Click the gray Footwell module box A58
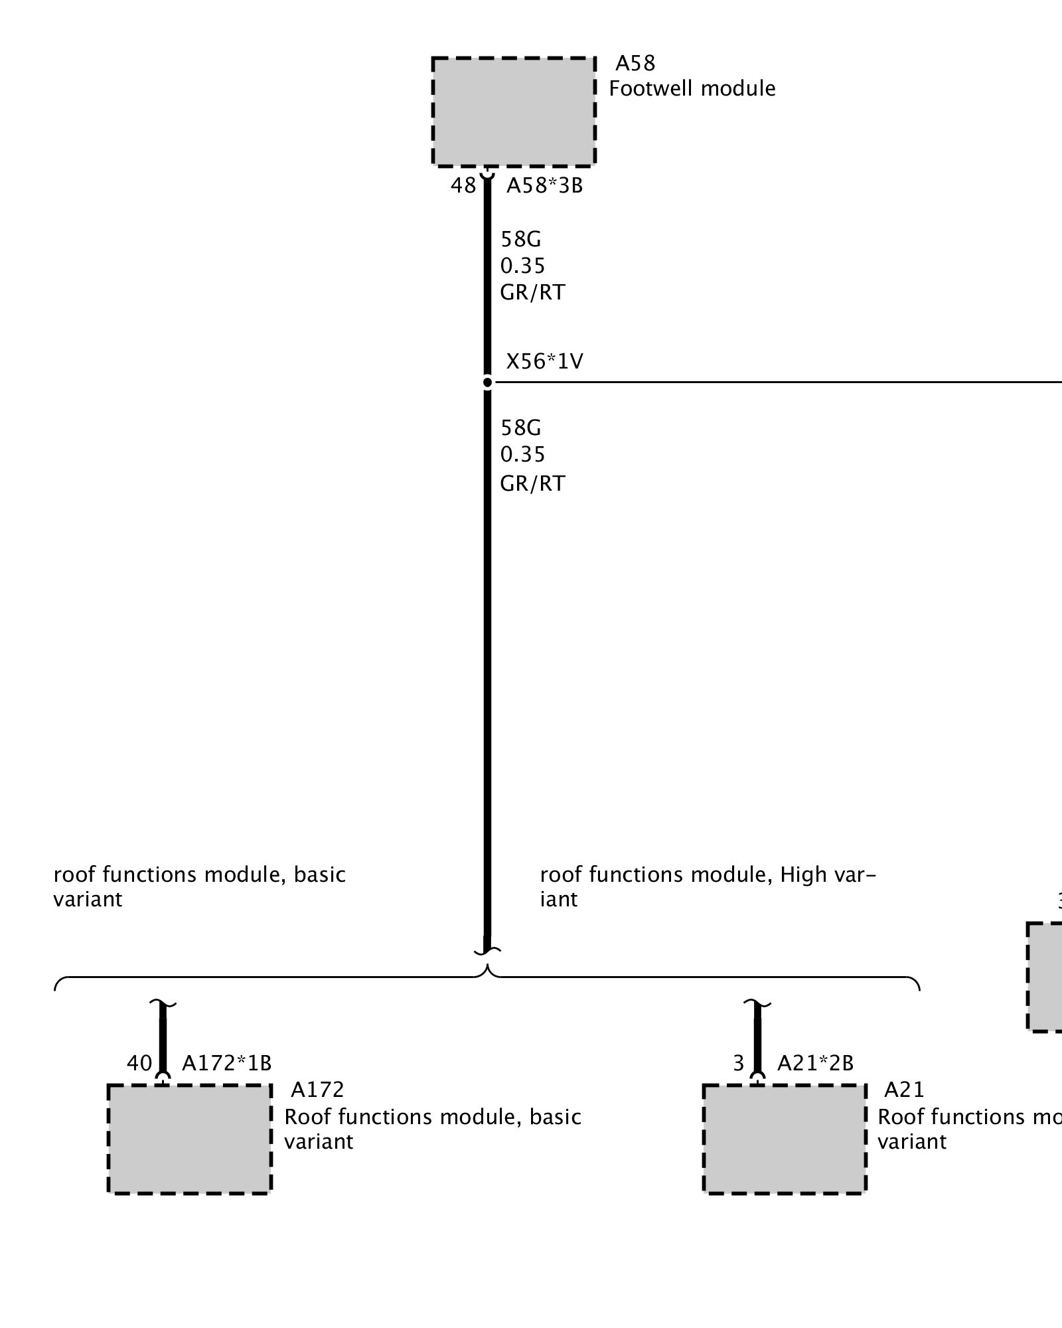pos(513,112)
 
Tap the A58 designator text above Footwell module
pos(635,63)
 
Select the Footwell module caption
pos(692,89)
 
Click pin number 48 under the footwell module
pos(463,186)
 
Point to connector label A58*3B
pos(544,186)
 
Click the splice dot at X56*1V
pos(487,382)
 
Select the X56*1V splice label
pos(544,362)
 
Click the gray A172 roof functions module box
pos(189,1139)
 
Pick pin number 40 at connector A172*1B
pos(139,1064)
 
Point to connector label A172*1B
pos(226,1064)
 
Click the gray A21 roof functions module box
pos(785,1139)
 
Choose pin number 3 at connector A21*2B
pos(739,1064)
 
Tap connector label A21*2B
pos(815,1064)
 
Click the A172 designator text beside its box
pos(317,1090)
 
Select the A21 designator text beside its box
pos(904,1090)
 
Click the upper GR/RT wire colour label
pos(532,293)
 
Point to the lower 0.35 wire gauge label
pos(522,455)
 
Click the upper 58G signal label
pos(520,239)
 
